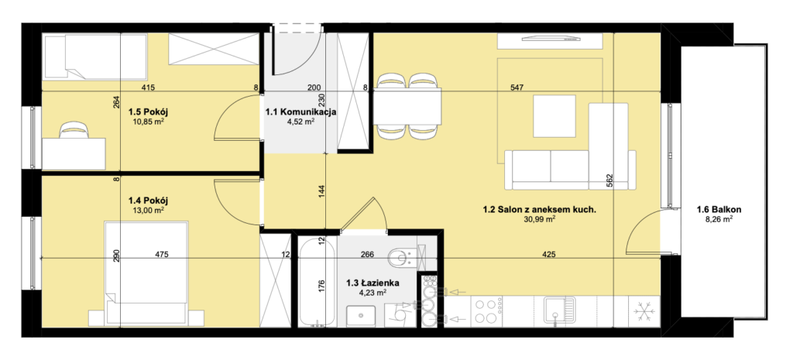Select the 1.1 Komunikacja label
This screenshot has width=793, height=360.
301,111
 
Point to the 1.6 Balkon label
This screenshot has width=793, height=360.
715,209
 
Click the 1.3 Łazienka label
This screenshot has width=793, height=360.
372,283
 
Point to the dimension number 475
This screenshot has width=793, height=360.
162,255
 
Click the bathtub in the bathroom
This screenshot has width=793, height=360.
317,281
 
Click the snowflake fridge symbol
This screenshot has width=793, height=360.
644,312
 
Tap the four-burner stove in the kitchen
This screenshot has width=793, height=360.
486,311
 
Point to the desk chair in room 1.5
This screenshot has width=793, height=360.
73,131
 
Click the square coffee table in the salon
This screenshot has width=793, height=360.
554,118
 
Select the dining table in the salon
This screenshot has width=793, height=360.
407,106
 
